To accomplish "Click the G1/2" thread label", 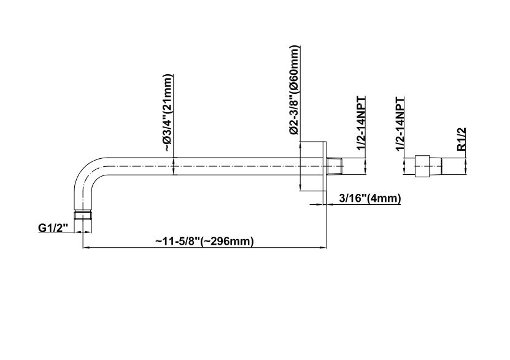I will point(52,228).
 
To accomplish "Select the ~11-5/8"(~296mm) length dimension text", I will point(204,240).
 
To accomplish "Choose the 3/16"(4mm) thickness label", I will point(369,197).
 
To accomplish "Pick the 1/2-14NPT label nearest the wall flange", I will point(361,123).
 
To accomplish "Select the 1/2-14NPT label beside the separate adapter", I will point(400,123).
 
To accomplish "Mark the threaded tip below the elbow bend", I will point(83,215).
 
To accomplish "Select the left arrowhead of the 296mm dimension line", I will point(85,248).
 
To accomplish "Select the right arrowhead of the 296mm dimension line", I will point(323,248).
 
